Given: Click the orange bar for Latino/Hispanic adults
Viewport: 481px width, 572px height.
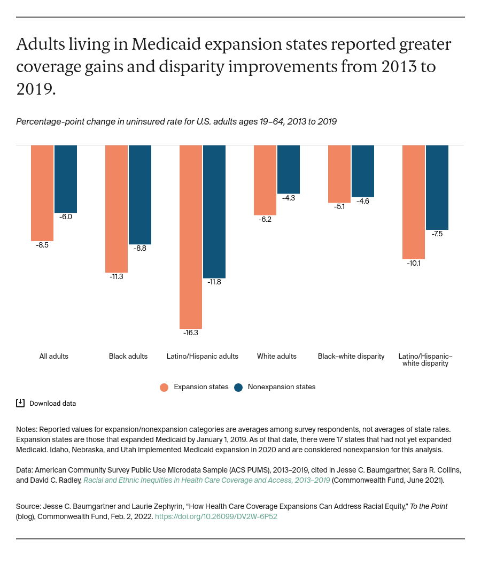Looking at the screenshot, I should [191, 237].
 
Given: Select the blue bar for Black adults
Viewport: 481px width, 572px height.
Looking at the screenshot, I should [140, 195].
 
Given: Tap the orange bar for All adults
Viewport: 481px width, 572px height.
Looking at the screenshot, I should [42, 193].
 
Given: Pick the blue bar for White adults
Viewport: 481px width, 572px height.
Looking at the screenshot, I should [289, 169].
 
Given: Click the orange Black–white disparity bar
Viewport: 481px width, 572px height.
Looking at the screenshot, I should [339, 174].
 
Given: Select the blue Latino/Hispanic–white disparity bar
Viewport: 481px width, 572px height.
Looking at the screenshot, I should [437, 187].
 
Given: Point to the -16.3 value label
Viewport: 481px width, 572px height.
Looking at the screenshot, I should [191, 333].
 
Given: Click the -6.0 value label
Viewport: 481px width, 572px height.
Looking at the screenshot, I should [66, 217].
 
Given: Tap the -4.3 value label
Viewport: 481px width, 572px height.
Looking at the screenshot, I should [289, 197].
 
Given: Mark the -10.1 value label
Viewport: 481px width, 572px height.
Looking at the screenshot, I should [414, 263].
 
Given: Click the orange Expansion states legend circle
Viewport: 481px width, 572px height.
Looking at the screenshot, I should [164, 387].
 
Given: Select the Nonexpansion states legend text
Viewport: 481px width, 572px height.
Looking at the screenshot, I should [281, 387].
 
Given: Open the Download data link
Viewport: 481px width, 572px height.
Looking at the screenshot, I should [52, 404].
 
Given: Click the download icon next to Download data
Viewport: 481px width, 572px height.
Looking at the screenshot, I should [20, 403].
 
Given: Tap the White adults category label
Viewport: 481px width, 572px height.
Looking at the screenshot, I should [276, 356].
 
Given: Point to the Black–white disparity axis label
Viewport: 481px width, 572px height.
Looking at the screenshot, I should [351, 356].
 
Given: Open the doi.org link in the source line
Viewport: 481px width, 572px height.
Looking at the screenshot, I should [216, 517].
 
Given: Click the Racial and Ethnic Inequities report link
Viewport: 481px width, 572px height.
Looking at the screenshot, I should [207, 480].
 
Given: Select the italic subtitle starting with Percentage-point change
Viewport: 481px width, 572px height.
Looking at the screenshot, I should [176, 121].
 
